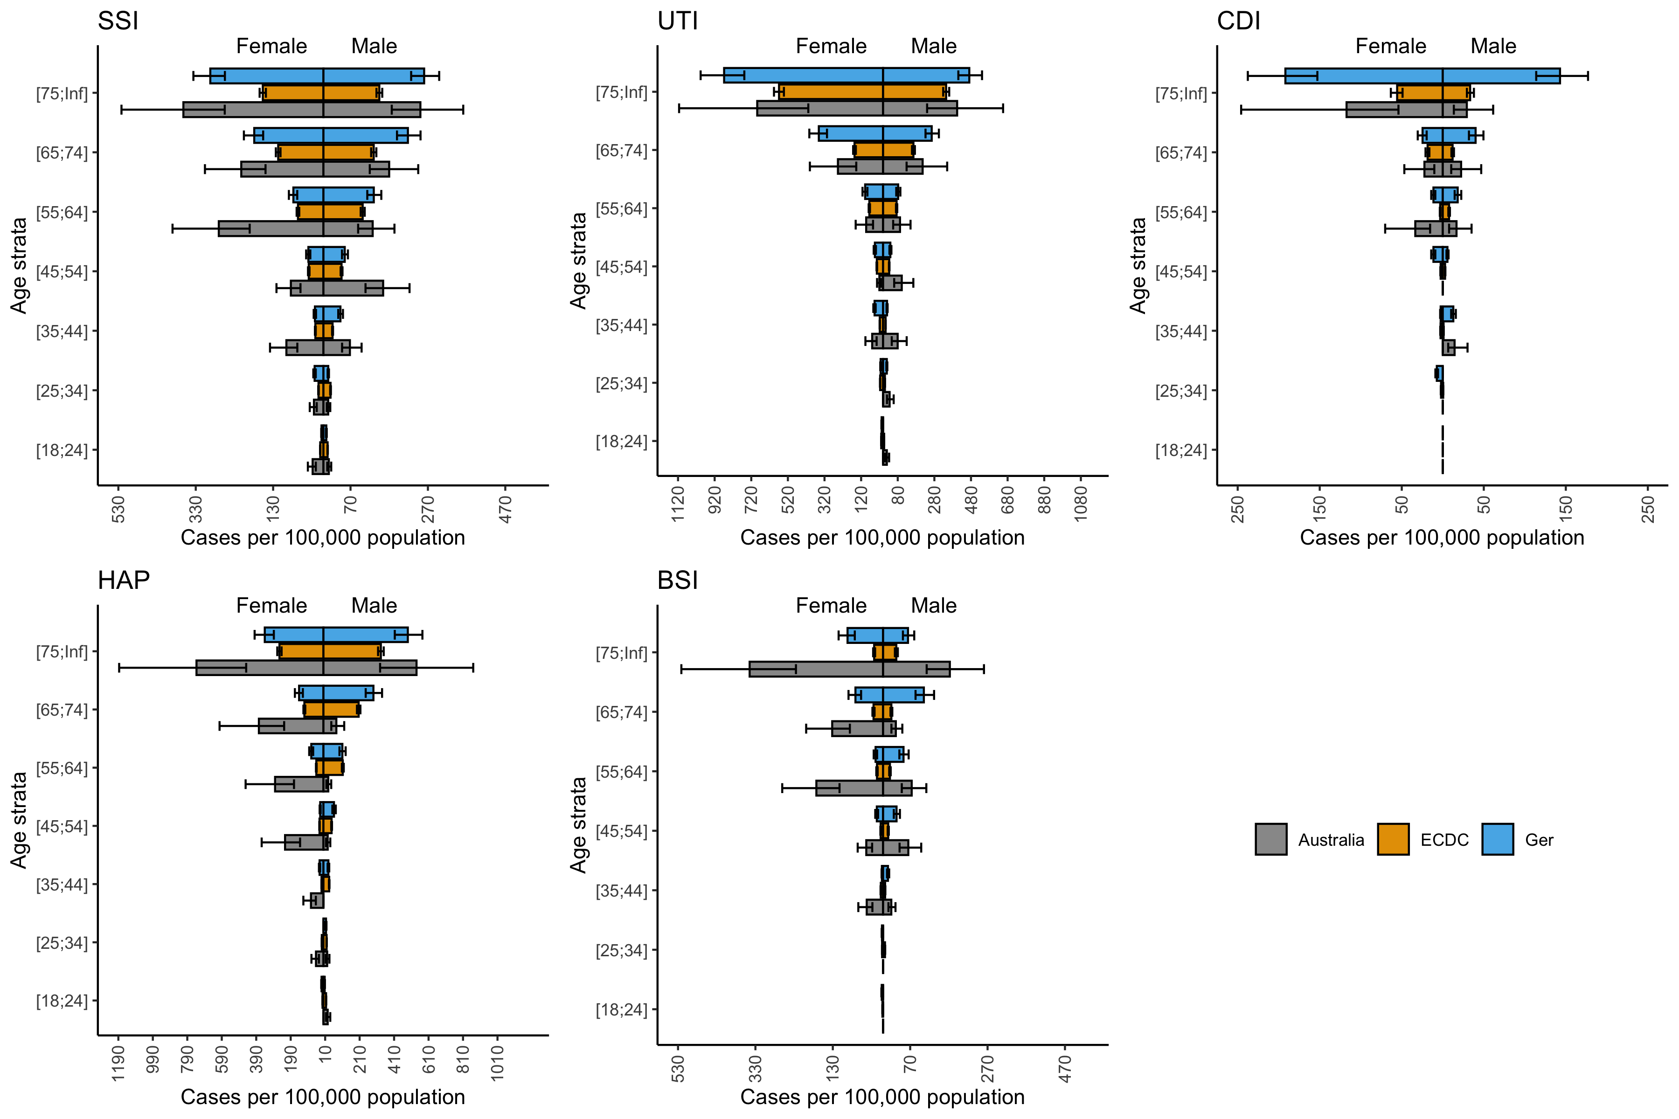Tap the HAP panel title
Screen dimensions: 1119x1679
(x=124, y=580)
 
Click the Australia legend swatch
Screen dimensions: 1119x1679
(x=1270, y=839)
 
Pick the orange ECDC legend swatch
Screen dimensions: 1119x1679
(x=1393, y=839)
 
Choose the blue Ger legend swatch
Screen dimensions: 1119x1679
(x=1497, y=839)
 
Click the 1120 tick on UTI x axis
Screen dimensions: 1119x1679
(x=678, y=504)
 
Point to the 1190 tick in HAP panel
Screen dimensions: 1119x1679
(x=118, y=1064)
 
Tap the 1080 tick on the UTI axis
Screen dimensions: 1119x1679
(x=1081, y=504)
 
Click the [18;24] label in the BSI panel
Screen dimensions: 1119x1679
(x=621, y=1010)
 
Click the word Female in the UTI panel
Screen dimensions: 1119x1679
(x=831, y=46)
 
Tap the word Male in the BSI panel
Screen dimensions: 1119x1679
(x=934, y=606)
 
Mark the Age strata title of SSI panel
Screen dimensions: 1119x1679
(x=19, y=265)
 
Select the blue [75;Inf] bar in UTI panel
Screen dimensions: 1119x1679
(x=846, y=76)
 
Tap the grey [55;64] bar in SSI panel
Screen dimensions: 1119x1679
(x=296, y=229)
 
